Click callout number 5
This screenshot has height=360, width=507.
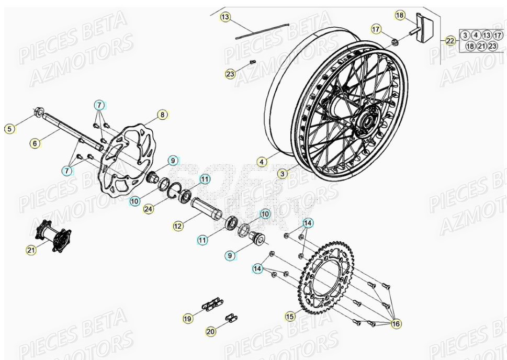click(9, 128)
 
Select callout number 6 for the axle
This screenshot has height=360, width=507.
click(35, 143)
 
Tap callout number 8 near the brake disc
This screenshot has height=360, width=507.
click(162, 114)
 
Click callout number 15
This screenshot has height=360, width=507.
click(290, 316)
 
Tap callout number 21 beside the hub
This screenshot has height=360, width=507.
click(31, 250)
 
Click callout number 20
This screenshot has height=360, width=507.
click(211, 331)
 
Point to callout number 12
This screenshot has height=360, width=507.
click(178, 226)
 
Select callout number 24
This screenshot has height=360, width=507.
click(149, 209)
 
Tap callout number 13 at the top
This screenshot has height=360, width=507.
click(225, 17)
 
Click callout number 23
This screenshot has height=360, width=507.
click(230, 74)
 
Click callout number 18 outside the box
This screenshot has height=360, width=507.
click(400, 16)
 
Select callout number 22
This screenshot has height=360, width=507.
click(450, 40)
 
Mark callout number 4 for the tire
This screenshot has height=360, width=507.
click(262, 161)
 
